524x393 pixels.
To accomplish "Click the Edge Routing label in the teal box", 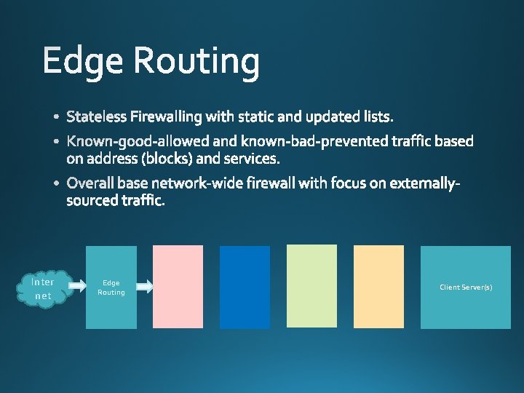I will point(111,287).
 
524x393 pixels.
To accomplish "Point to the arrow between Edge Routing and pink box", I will point(145,287).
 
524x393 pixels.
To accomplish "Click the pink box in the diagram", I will point(178,287).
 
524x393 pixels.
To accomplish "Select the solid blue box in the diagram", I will point(245,287).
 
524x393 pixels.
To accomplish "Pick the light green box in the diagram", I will point(311,287).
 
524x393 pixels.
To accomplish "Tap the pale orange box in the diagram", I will point(378,287).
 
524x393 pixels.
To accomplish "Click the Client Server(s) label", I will point(466,287).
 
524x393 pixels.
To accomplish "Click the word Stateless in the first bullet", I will point(96,116).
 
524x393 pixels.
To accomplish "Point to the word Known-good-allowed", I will point(127,140).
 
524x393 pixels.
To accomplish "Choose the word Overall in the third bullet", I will point(90,183).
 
